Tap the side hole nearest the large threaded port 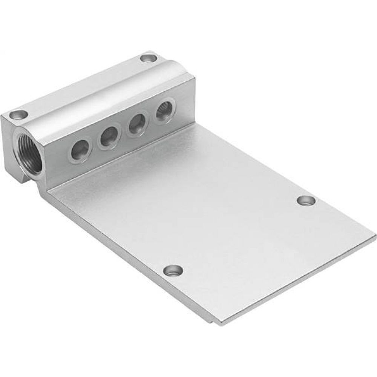point(80,149)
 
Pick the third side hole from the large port point(137,124)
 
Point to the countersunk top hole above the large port point(18,113)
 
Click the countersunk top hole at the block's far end point(148,58)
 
